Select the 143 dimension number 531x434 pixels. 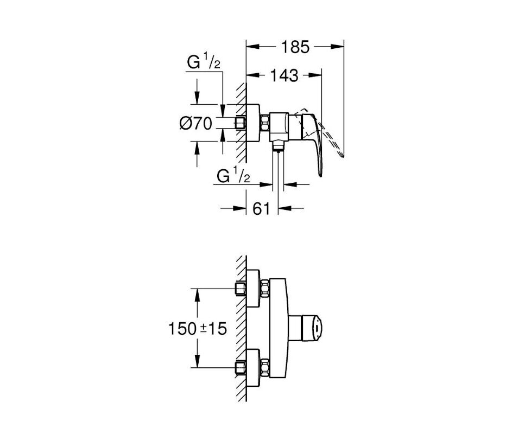(284, 75)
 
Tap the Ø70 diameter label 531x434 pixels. (195, 124)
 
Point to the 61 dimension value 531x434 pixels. (262, 209)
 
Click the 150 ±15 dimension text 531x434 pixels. (198, 328)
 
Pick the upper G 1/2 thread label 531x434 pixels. (204, 63)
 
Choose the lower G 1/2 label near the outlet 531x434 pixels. (233, 176)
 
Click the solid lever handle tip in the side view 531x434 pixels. (320, 175)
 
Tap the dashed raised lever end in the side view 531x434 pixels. (343, 155)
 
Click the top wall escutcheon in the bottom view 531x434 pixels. (254, 288)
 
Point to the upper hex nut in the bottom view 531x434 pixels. (264, 288)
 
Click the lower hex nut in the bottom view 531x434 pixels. (264, 368)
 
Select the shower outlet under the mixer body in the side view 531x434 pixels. (277, 146)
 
